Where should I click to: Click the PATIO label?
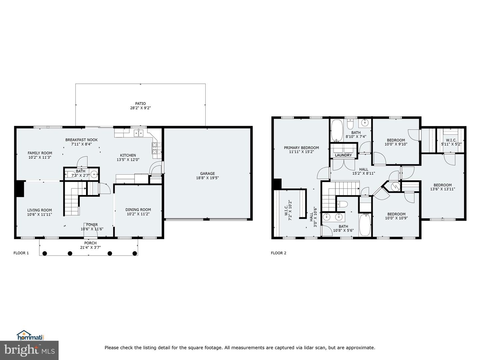(x=140, y=104)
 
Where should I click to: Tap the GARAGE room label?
(x=207, y=173)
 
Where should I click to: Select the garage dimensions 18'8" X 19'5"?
(x=207, y=178)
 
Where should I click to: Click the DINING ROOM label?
(x=138, y=210)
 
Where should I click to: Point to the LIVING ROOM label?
(x=39, y=210)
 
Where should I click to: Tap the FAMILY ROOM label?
(x=40, y=153)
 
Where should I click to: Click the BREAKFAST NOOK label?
(x=81, y=140)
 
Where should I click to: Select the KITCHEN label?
(x=128, y=155)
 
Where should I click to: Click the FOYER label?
(x=92, y=225)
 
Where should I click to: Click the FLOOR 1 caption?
(x=21, y=253)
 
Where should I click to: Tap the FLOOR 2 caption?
(x=278, y=253)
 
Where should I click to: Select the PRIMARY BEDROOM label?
(x=301, y=148)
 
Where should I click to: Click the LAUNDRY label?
(x=343, y=155)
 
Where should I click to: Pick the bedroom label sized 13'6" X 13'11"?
(x=442, y=185)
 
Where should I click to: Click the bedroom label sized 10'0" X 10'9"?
(x=396, y=214)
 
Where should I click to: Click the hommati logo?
(x=30, y=335)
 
